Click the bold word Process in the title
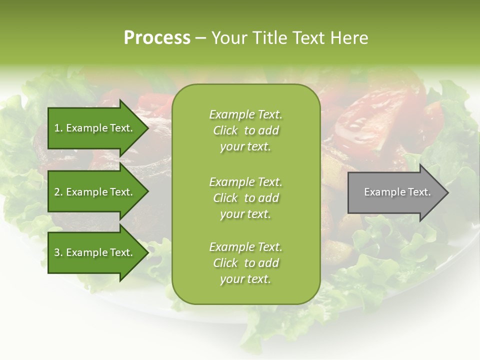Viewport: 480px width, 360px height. coord(157,38)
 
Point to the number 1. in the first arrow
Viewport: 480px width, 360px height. coord(58,128)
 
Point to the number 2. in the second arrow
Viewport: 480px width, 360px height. coord(58,192)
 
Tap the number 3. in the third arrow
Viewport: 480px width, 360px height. coord(58,252)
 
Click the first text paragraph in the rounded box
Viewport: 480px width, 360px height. coord(245,130)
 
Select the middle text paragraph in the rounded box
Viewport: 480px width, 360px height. coord(245,198)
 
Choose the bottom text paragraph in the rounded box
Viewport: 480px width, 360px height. coord(245,263)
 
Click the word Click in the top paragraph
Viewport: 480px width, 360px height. coord(225,130)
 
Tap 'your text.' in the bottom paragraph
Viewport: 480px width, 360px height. coord(245,279)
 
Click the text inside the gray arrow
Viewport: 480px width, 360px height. coord(397,192)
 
